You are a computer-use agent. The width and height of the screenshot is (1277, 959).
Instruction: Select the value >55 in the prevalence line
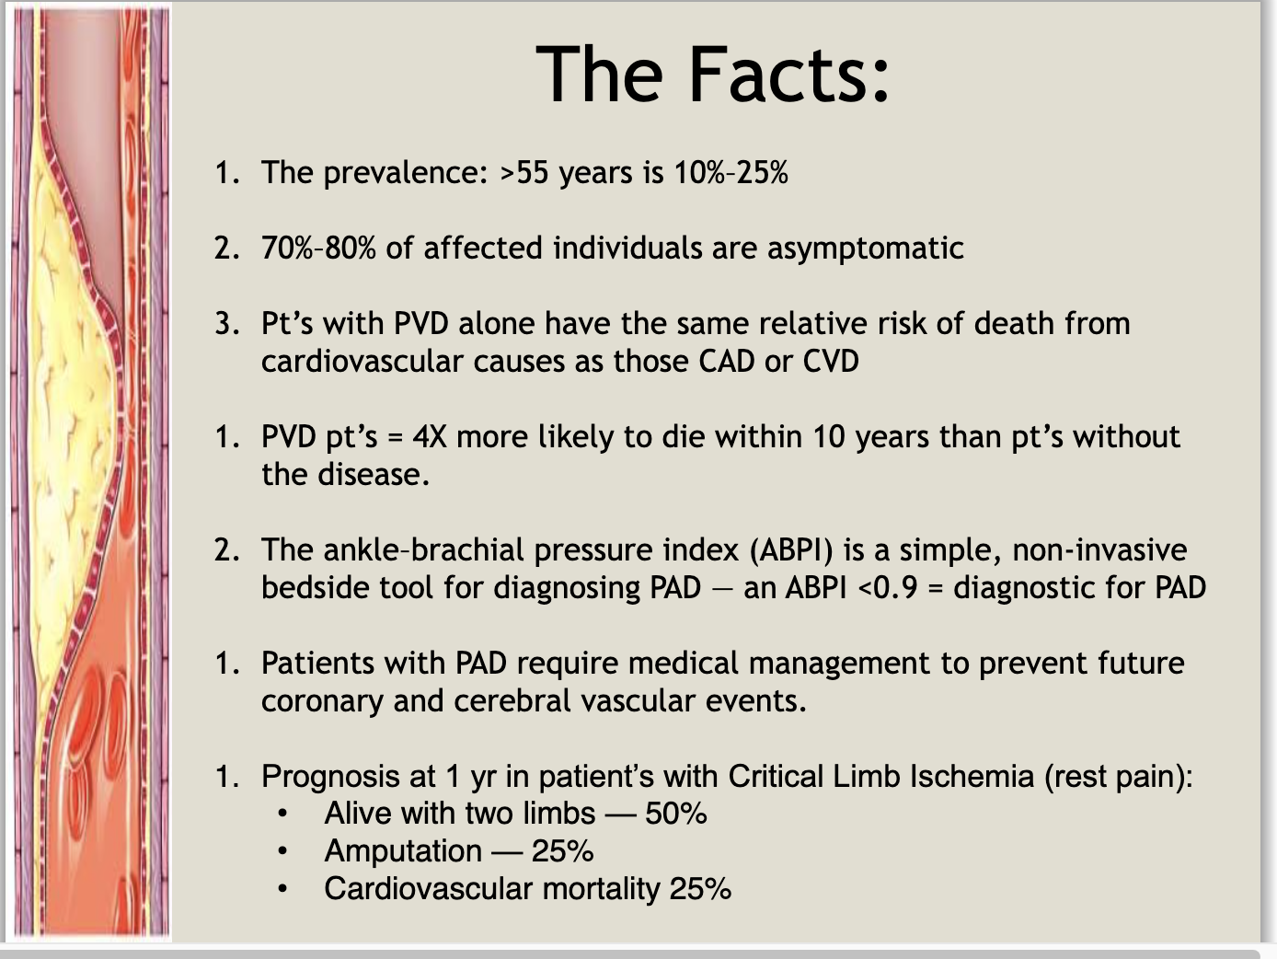coord(523,173)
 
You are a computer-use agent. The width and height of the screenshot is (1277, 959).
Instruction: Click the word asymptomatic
coord(865,248)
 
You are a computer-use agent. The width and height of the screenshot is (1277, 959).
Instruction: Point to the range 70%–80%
coord(318,248)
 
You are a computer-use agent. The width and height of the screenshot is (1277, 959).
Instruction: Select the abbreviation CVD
coord(831,361)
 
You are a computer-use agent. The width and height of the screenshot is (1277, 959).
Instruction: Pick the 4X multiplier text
coord(430,436)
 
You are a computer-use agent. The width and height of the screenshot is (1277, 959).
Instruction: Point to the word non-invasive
coord(1099,550)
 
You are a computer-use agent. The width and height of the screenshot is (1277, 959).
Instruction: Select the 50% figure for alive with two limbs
coord(676,814)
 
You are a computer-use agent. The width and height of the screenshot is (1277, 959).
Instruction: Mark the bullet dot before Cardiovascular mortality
coord(283,889)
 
